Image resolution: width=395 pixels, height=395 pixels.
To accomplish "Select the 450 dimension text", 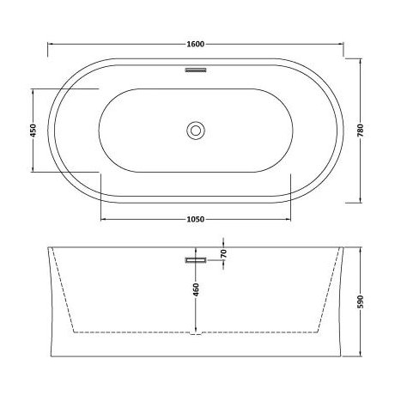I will coord(33,131).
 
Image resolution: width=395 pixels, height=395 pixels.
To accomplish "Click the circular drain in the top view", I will coord(197,131).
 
